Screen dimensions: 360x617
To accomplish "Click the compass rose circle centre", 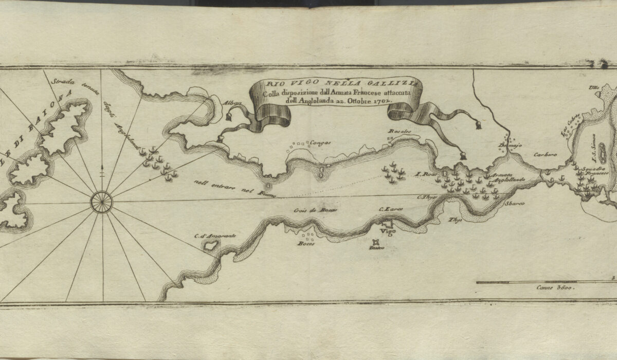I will pyautogui.click(x=102, y=201).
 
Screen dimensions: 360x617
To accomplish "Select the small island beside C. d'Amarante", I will pyautogui.click(x=210, y=246).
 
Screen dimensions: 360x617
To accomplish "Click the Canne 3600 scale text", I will pyautogui.click(x=554, y=289).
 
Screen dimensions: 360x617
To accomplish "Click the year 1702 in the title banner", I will pyautogui.click(x=382, y=101).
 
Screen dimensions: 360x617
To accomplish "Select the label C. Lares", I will pyautogui.click(x=388, y=209).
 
